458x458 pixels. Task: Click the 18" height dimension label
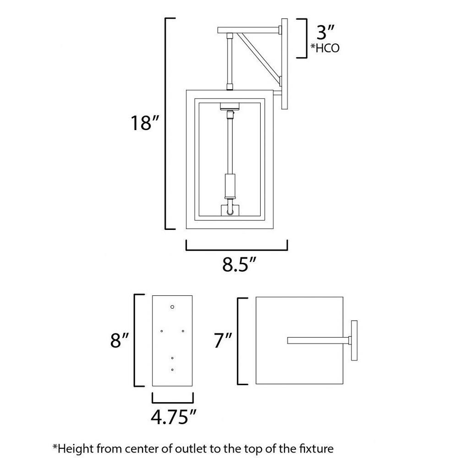click(145, 123)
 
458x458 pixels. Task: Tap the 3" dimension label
click(325, 32)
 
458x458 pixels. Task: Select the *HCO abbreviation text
click(325, 48)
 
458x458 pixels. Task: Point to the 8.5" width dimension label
click(239, 265)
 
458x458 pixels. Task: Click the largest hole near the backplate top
click(172, 307)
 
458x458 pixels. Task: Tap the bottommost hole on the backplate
click(172, 370)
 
